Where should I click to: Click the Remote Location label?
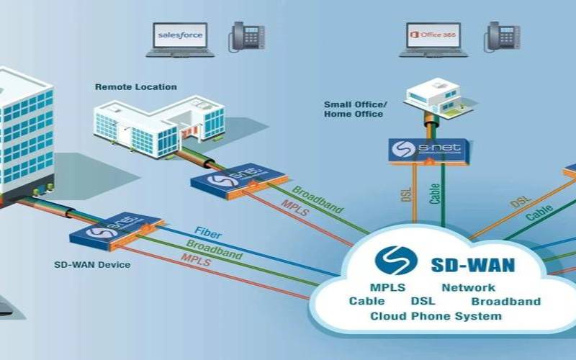135,87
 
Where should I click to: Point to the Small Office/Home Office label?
355,109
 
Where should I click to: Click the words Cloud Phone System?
436,316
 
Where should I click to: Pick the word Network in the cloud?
468,288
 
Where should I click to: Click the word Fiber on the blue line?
208,235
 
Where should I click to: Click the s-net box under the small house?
429,150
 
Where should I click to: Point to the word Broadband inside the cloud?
505,302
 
